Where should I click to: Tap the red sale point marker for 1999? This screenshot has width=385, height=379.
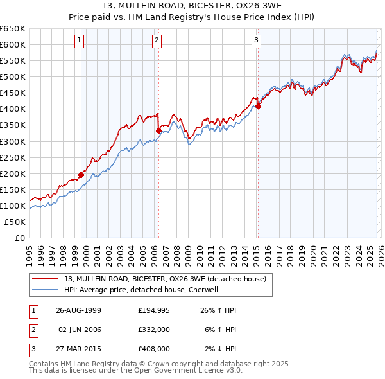click(81, 174)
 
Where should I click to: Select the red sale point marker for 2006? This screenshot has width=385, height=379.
click(158, 130)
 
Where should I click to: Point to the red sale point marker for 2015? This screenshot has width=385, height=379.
click(258, 107)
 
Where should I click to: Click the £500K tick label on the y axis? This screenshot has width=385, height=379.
click(13, 76)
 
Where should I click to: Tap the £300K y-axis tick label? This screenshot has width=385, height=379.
click(13, 141)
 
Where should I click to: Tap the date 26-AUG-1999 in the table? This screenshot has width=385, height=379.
click(79, 310)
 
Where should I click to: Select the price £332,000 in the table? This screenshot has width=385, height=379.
click(153, 330)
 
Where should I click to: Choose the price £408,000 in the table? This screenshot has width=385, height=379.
click(153, 349)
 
